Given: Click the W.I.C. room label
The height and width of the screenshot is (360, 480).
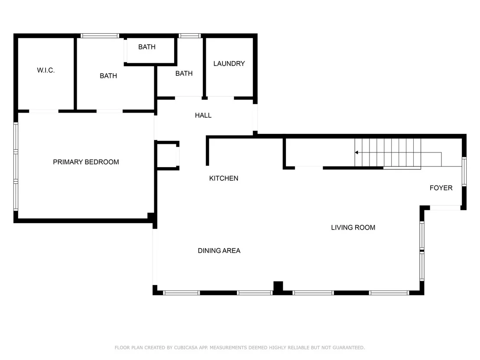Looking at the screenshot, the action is coord(46,71).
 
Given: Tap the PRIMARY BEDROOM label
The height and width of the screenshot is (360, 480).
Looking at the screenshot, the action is coord(86,162).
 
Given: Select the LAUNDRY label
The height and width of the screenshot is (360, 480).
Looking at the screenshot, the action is coord(229,64).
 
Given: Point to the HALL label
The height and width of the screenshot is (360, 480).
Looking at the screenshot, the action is coord(203,115).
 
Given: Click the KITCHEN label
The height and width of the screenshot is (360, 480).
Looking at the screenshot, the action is coord(224,178).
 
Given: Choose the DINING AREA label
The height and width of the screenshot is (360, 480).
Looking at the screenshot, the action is coord(219,251).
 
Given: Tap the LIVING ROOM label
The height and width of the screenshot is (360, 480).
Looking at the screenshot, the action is coord(353,227).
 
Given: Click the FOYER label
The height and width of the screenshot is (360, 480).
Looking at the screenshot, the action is coord(441,188).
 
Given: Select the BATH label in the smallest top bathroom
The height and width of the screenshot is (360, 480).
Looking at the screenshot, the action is coord(147,47).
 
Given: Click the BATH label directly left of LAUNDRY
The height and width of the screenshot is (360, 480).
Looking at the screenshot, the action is coord(184,74).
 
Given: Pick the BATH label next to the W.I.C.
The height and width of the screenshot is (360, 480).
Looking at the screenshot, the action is coord(108,76).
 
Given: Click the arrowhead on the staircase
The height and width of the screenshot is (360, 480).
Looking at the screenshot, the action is coord(357,152).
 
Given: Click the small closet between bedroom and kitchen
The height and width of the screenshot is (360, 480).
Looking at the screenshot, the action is coord(167,156).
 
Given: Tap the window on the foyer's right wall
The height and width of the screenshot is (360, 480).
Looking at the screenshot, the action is coord(464,172).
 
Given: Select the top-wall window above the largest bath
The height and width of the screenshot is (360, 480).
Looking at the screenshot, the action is coord(100,36).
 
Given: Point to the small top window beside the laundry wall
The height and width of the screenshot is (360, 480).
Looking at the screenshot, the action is coord(190,36).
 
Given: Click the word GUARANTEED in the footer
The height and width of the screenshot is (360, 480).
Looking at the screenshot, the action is coord(349,348).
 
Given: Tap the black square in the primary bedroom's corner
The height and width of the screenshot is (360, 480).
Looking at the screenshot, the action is coord(151,216).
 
